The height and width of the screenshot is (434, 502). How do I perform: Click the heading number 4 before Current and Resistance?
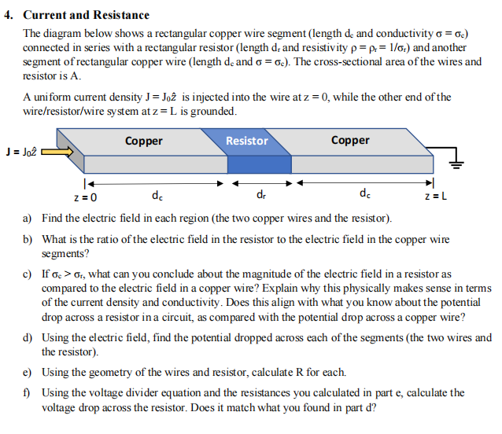point(8,16)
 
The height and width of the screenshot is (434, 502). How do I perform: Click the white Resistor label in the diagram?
point(246,141)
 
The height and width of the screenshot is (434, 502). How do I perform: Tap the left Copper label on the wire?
point(143,141)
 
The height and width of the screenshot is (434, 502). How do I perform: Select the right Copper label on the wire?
point(350,140)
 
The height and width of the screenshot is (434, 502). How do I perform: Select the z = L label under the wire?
point(435,197)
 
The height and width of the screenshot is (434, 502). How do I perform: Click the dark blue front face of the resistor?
point(249,164)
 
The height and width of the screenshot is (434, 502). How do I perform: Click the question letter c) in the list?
point(28,274)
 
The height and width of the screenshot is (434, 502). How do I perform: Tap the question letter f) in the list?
point(27,392)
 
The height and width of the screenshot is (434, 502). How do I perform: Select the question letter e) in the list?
point(28,372)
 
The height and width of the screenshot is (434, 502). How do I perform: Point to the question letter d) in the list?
point(28,337)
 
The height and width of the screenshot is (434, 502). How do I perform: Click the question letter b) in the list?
point(28,238)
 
